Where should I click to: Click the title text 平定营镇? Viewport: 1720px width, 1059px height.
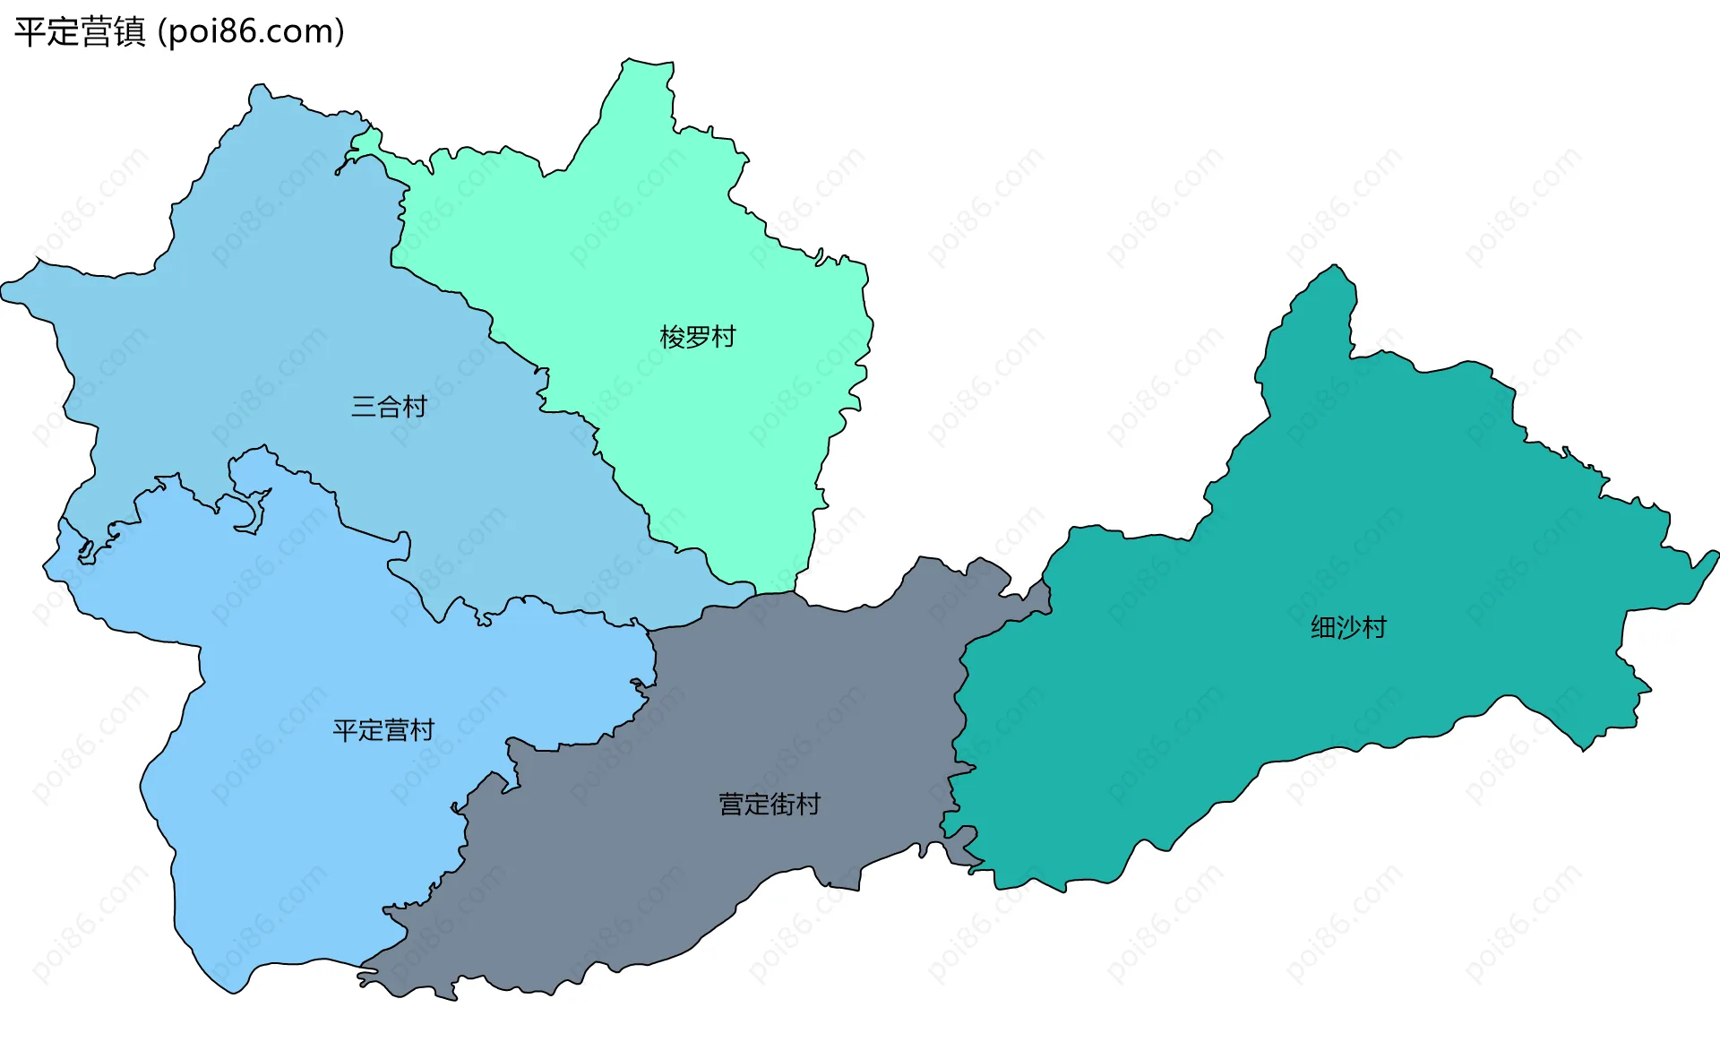tap(80, 32)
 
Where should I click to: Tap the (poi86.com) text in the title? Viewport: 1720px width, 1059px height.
tap(251, 32)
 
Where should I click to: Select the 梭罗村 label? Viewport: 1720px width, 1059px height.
tap(697, 338)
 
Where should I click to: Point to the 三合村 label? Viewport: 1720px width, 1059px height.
tap(389, 407)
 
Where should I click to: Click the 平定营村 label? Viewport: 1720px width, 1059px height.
tap(383, 731)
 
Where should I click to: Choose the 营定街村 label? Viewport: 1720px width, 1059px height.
tap(770, 805)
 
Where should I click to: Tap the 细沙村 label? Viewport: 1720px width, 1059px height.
tap(1348, 627)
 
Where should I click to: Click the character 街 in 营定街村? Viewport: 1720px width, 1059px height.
tap(782, 805)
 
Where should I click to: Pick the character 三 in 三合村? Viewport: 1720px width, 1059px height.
tap(364, 407)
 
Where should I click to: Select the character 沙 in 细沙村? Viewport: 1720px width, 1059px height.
tap(1348, 627)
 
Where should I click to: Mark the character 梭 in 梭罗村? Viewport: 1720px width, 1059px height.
tap(672, 338)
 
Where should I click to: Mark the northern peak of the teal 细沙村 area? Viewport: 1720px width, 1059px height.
tap(1335, 266)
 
